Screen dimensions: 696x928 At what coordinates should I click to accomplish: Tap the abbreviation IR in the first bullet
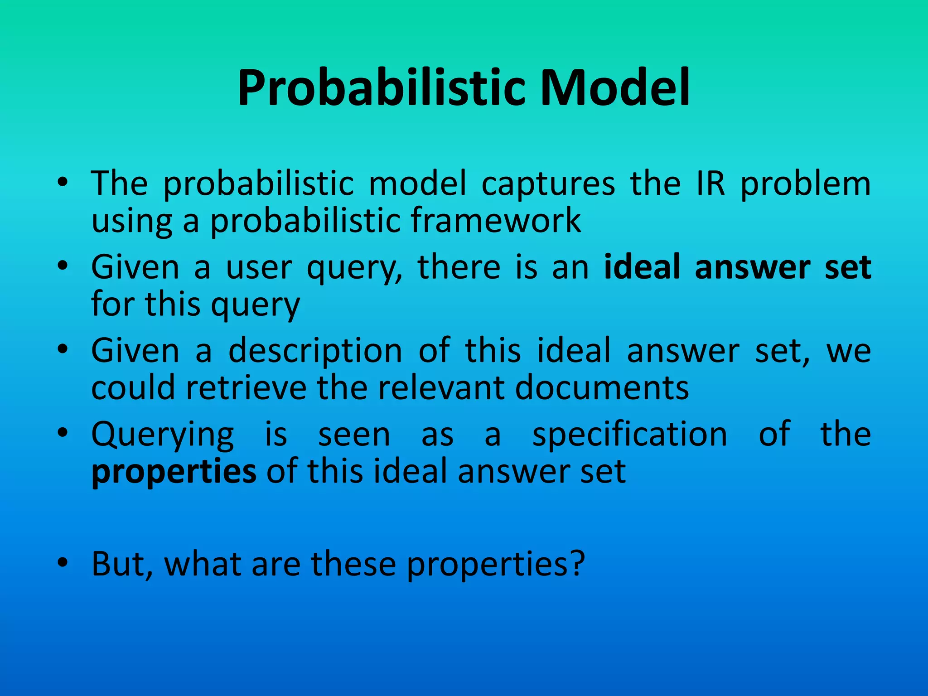point(710,184)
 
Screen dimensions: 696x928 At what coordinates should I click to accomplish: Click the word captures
point(548,184)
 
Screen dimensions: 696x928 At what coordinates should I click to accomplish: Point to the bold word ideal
point(642,267)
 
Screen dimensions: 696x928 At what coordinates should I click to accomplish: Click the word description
point(315,351)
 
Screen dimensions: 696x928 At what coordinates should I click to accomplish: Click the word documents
point(602,388)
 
